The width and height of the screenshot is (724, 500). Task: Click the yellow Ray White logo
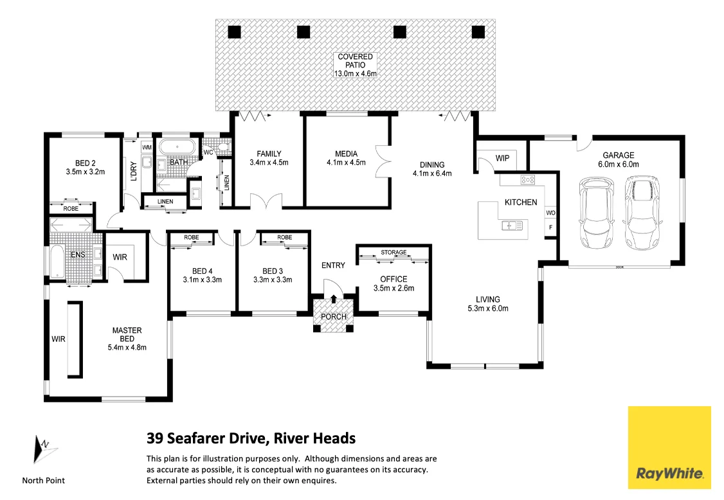669,447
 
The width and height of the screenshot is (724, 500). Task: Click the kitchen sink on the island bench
511,225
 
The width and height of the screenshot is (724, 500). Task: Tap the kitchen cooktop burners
529,180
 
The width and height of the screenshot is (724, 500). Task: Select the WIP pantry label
502,159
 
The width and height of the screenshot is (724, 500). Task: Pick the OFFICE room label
394,279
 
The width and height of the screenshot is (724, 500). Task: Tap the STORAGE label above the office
394,253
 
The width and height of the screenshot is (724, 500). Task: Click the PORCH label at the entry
333,316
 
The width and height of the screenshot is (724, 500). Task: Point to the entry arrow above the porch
333,298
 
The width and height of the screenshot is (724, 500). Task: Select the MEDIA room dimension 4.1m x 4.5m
346,163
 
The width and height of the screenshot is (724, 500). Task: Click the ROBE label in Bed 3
284,238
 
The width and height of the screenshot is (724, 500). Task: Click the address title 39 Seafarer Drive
251,439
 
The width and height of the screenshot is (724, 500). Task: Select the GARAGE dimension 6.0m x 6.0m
618,164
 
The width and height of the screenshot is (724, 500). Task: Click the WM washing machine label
147,148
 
